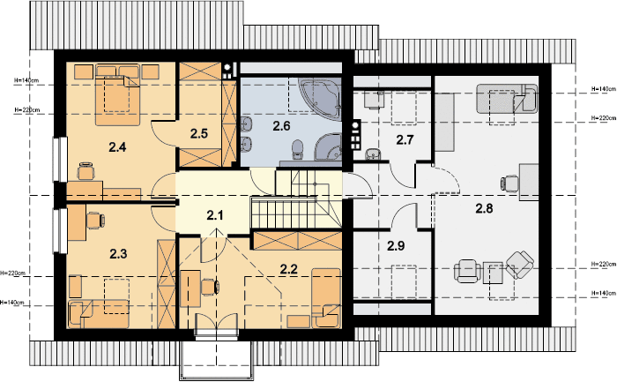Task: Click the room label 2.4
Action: tap(117, 147)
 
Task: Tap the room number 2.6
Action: tap(281, 126)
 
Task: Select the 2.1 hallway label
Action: tap(215, 215)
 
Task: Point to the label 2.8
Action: tap(484, 208)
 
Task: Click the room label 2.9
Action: tap(396, 246)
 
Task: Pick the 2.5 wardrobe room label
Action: tap(198, 133)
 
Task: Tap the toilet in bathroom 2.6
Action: tap(298, 150)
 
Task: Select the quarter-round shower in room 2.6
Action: tap(328, 147)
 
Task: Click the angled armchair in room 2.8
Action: tap(520, 265)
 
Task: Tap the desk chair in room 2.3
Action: tap(95, 221)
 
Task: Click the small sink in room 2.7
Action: tap(371, 154)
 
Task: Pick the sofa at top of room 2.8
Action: tap(507, 99)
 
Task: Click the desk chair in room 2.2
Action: tap(210, 287)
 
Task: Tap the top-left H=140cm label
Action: tap(26, 80)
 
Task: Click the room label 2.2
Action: tap(289, 269)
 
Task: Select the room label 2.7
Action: tap(405, 139)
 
